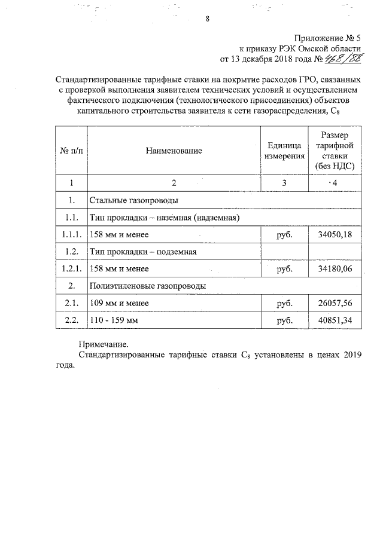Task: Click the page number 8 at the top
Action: click(207, 19)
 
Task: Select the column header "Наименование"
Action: click(174, 151)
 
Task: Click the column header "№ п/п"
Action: click(71, 151)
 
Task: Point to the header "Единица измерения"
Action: click(281, 151)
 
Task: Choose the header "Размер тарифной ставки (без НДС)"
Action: click(335, 151)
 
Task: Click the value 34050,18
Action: click(336, 234)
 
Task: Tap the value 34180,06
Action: click(336, 269)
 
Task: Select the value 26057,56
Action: click(336, 304)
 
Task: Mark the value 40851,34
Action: click(336, 321)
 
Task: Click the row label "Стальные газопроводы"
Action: click(135, 200)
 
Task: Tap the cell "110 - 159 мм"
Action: click(114, 321)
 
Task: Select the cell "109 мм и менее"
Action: click(118, 304)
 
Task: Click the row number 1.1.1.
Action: click(71, 234)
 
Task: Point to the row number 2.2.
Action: click(71, 321)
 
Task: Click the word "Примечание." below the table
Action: click(104, 345)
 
